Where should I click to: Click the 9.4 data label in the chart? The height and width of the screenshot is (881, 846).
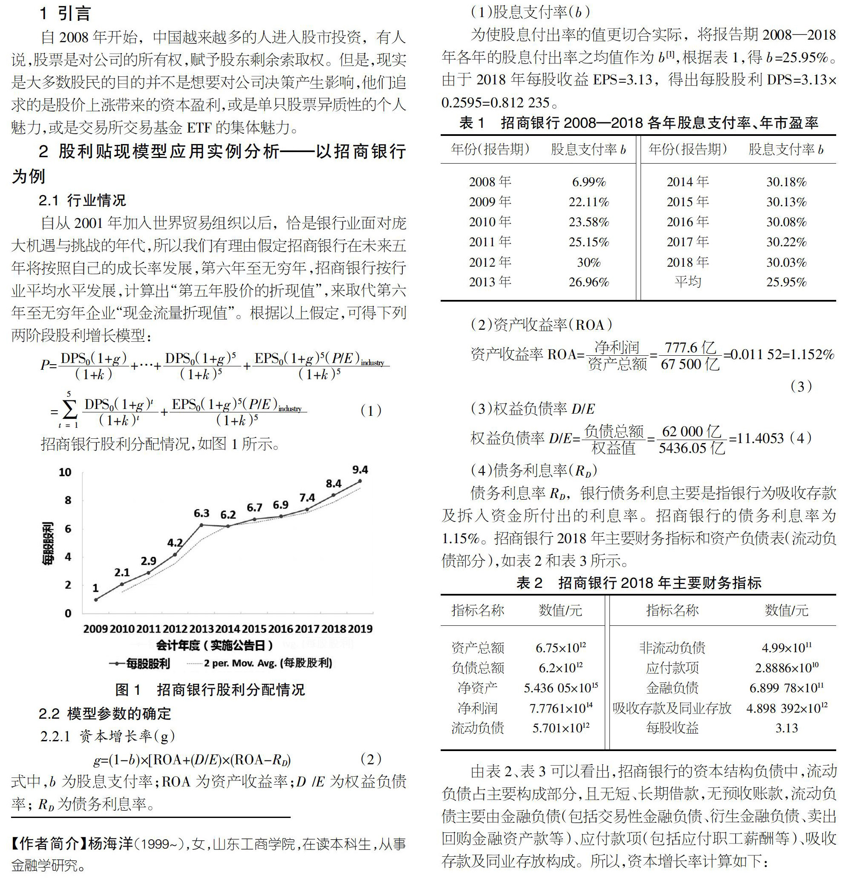pos(360,470)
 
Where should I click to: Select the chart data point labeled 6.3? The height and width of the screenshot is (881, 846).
pos(202,524)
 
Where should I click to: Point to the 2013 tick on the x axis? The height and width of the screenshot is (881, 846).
pos(202,629)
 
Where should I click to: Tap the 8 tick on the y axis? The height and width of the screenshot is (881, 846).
pos(68,500)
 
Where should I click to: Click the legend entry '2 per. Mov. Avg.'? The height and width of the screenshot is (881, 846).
pos(267,663)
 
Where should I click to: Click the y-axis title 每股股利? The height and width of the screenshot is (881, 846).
pos(48,543)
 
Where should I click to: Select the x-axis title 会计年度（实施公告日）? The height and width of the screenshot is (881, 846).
pos(214,645)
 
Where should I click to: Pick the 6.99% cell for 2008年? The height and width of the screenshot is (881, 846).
pos(589,182)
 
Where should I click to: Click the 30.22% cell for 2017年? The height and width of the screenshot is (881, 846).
pos(786,242)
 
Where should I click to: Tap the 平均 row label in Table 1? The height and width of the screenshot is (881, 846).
pos(688,282)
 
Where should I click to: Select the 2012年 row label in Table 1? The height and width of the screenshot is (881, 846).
pos(490,262)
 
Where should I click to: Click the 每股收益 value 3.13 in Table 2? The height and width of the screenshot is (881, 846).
pos(786,728)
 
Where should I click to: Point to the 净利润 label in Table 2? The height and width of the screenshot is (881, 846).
pos(477,708)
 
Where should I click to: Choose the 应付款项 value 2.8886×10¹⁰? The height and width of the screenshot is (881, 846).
pos(786,668)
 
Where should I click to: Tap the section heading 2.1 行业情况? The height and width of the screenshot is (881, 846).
pos(82,200)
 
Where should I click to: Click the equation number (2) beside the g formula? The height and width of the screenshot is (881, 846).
pos(371,759)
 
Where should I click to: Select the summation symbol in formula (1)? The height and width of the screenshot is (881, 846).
pos(68,409)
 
